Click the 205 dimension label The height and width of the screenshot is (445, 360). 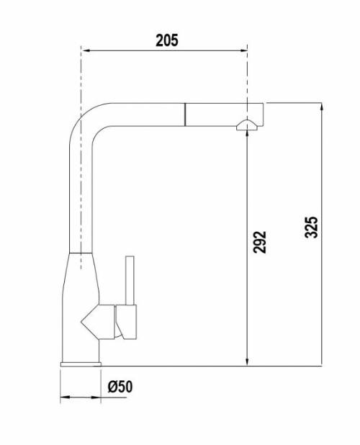[167, 40]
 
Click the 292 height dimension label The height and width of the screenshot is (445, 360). [260, 242]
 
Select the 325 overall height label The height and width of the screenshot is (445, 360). [311, 227]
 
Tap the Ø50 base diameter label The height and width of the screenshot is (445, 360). [120, 387]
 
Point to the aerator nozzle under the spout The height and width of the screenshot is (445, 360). [247, 125]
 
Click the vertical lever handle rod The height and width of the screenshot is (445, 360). [130, 281]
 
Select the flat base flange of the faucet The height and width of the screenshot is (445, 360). [81, 364]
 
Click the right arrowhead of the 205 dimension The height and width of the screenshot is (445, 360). [243, 50]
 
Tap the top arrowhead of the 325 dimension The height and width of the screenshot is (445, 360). [321, 107]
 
